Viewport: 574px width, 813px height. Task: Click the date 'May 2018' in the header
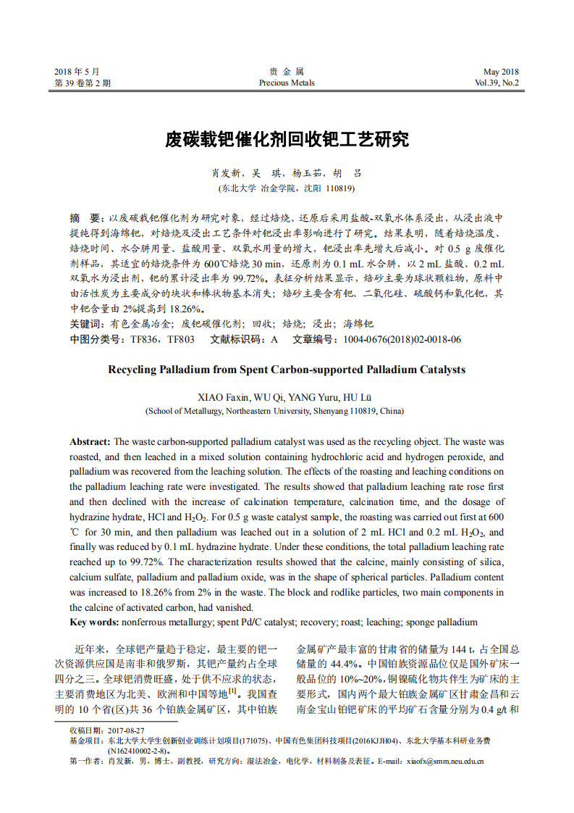501,72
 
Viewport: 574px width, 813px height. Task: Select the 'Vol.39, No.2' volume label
497,83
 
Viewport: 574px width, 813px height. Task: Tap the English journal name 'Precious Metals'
287,83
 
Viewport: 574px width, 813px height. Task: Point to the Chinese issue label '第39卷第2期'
83,83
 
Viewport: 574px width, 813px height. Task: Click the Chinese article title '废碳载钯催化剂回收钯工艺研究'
287,140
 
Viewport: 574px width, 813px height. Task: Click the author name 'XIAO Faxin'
223,397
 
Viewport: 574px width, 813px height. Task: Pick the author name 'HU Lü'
360,397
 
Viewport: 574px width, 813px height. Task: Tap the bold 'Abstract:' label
90,441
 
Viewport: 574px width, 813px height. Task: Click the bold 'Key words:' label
94,622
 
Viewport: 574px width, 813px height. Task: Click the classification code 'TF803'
181,339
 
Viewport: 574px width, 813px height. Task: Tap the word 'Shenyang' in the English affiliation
331,411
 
